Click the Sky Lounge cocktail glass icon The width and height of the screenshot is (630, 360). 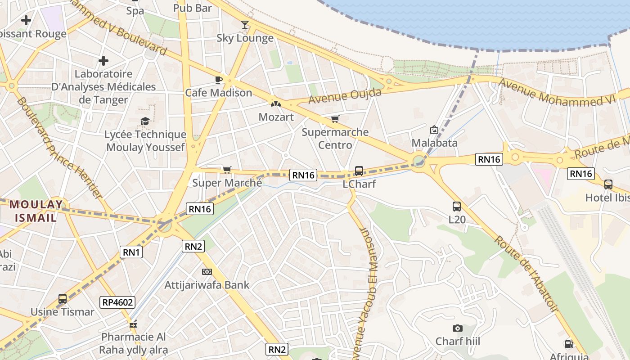[x=244, y=24]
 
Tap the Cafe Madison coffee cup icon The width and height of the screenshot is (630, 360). [x=219, y=80]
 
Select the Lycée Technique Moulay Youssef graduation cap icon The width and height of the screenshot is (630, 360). [x=145, y=121]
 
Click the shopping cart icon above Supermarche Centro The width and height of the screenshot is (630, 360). [x=335, y=119]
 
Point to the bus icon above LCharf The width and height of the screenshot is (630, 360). [x=359, y=171]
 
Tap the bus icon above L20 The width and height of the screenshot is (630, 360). [x=457, y=207]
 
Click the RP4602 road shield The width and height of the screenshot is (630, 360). [x=118, y=302]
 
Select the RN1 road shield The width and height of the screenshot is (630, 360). [x=131, y=252]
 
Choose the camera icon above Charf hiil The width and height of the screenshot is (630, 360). [x=458, y=328]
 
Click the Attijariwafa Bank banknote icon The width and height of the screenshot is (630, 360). [x=207, y=272]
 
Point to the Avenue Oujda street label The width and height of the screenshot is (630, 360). [x=345, y=95]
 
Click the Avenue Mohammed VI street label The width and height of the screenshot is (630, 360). [x=557, y=93]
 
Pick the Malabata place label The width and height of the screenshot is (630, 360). [x=435, y=143]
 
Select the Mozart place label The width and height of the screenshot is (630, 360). [x=276, y=117]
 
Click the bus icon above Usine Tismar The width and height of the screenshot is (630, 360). [x=63, y=299]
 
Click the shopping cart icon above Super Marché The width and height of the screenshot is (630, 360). [x=227, y=170]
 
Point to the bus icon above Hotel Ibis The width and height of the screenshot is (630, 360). [x=608, y=184]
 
